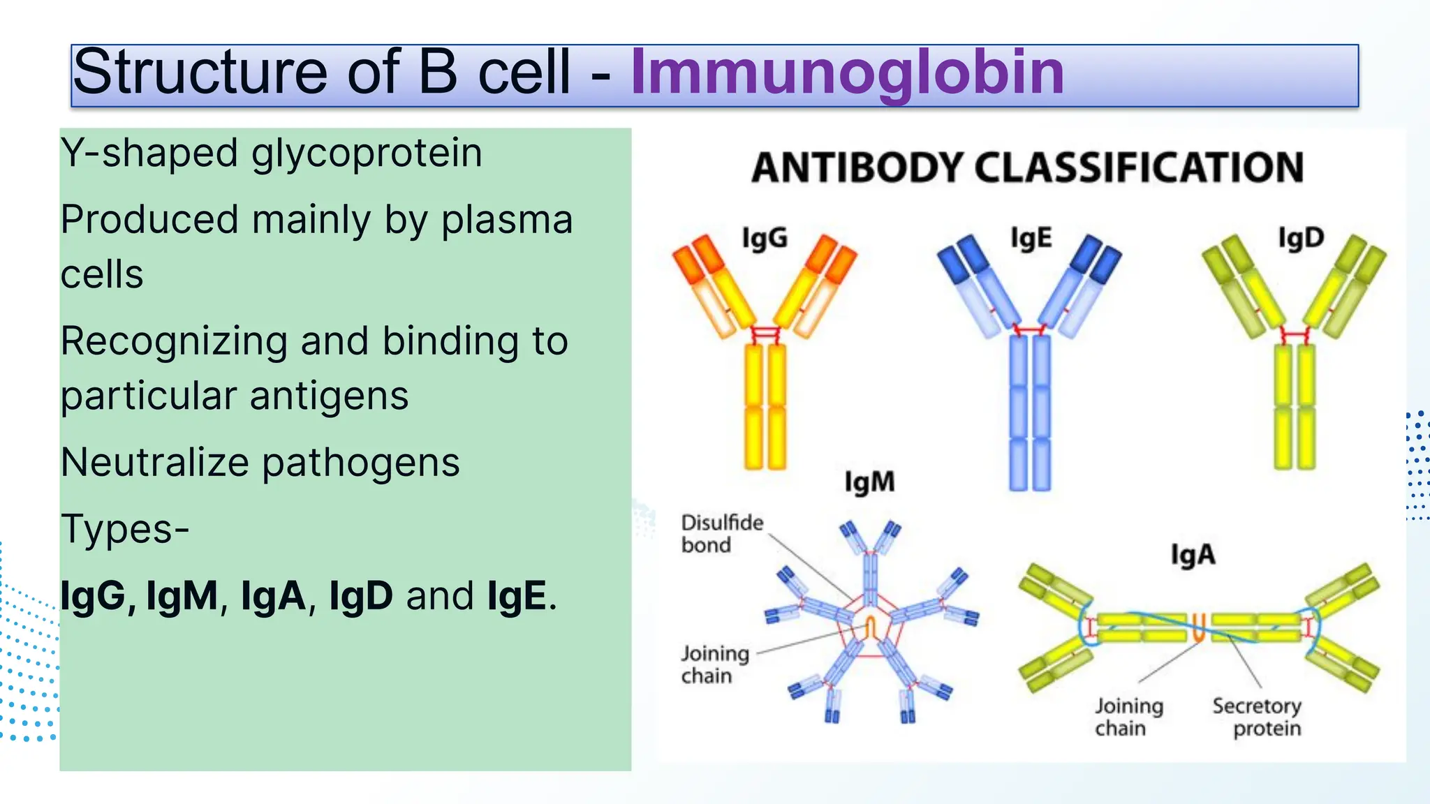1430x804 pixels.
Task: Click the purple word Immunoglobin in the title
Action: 847,73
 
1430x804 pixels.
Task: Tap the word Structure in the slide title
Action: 200,73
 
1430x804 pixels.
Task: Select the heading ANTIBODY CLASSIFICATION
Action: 1027,168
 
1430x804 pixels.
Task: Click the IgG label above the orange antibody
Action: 765,239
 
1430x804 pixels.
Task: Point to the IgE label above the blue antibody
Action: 1031,239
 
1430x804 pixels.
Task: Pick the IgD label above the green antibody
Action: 1301,238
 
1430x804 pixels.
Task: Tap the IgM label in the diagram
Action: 869,482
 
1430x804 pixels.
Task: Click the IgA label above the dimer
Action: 1193,556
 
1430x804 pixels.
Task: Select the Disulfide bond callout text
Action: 722,534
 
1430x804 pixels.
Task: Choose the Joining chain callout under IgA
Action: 1128,717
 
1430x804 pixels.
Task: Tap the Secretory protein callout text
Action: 1257,717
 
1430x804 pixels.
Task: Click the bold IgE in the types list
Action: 517,597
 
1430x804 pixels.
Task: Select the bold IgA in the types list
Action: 273,597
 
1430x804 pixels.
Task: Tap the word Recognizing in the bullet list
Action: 174,341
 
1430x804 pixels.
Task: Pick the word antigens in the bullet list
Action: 329,396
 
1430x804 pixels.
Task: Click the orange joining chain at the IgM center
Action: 871,627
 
